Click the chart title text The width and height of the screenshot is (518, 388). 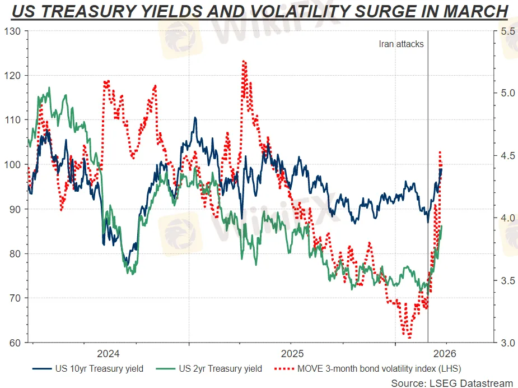[259, 11]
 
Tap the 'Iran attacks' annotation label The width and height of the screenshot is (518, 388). [401, 44]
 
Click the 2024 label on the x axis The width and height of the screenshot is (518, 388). [108, 354]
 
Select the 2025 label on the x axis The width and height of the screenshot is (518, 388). [292, 354]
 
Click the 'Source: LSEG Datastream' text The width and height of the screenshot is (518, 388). [452, 383]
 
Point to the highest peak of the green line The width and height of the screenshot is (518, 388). [49, 87]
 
